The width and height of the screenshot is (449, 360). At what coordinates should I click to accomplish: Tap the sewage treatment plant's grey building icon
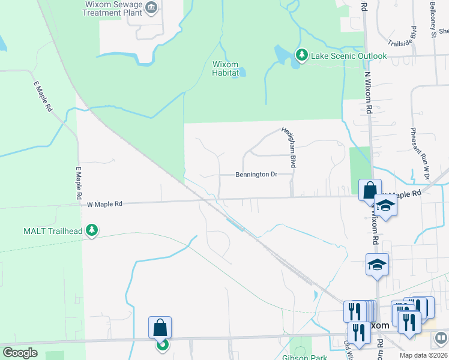click(x=151, y=8)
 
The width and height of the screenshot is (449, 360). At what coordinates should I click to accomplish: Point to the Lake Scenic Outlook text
click(x=348, y=56)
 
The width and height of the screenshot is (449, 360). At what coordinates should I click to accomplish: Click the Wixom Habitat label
click(x=226, y=68)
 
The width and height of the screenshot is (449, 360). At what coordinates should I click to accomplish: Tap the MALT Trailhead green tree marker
click(x=91, y=230)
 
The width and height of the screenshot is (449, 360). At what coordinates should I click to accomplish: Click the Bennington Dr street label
click(x=256, y=175)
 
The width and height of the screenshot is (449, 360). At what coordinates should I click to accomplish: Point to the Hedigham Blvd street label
click(x=294, y=147)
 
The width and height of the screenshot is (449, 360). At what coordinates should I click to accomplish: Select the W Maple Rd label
click(x=104, y=204)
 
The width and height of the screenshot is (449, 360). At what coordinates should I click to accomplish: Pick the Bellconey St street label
click(x=433, y=19)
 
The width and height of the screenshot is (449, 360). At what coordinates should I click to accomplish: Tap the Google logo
click(x=20, y=353)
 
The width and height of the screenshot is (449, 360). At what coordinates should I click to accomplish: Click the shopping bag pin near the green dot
click(x=160, y=328)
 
